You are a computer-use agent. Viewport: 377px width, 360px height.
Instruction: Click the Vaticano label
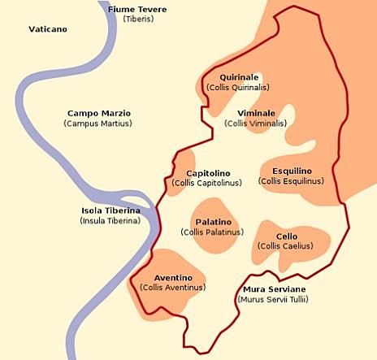point(48,29)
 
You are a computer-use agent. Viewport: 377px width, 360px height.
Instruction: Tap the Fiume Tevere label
point(138,8)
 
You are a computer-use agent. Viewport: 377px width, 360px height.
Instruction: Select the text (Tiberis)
point(138,19)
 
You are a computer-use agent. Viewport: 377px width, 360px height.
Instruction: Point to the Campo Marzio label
point(98,113)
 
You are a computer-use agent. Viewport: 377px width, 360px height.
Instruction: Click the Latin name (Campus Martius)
point(97,124)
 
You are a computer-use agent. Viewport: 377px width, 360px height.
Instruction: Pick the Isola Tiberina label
point(110,210)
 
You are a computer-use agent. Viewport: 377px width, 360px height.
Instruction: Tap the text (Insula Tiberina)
point(110,221)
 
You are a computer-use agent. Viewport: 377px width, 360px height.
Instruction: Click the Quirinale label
point(238,77)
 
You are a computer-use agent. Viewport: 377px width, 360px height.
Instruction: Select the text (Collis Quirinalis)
point(238,88)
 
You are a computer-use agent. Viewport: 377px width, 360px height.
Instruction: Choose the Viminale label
point(256,113)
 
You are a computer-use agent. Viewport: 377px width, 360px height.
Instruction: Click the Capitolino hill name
point(208,173)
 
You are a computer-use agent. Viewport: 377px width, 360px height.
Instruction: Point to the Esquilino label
point(291,171)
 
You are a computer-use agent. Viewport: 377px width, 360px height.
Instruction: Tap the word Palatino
point(212,222)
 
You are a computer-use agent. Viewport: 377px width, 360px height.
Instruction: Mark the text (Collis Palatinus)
point(212,232)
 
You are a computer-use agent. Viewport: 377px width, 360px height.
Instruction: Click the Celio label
point(287,236)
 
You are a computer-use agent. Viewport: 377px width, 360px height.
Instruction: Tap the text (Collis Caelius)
point(287,246)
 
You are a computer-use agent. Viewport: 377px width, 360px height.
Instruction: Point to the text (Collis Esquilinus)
point(291,181)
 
